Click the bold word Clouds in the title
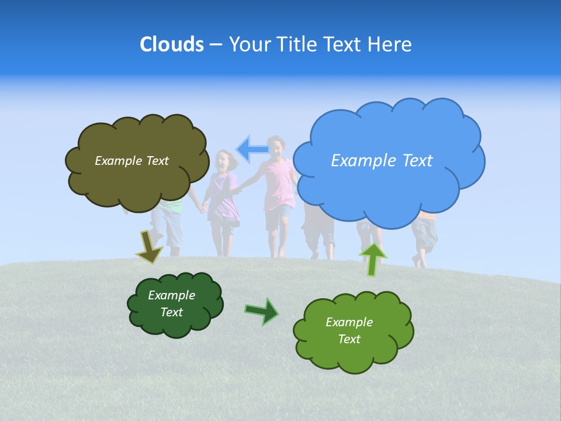(171, 44)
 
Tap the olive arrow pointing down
(148, 247)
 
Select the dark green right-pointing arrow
(262, 311)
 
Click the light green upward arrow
(372, 258)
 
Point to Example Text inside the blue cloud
(382, 161)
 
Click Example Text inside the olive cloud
(131, 161)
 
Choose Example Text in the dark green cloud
(171, 303)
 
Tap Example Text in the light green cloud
(349, 330)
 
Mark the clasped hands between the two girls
(236, 189)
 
